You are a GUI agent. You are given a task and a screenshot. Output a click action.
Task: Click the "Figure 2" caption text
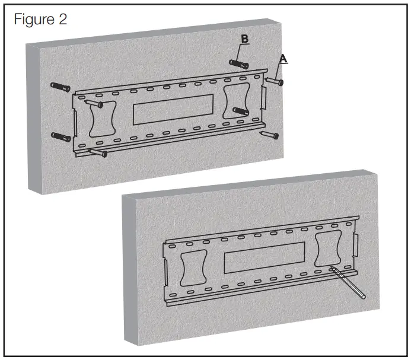pos(41,20)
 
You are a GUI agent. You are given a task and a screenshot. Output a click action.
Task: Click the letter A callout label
pos(283,58)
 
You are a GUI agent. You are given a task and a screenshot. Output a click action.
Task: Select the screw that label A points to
pos(274,81)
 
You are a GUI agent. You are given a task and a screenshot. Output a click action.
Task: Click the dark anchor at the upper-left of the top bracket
pos(60,87)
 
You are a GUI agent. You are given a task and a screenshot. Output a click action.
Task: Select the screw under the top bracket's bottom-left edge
pos(97,153)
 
